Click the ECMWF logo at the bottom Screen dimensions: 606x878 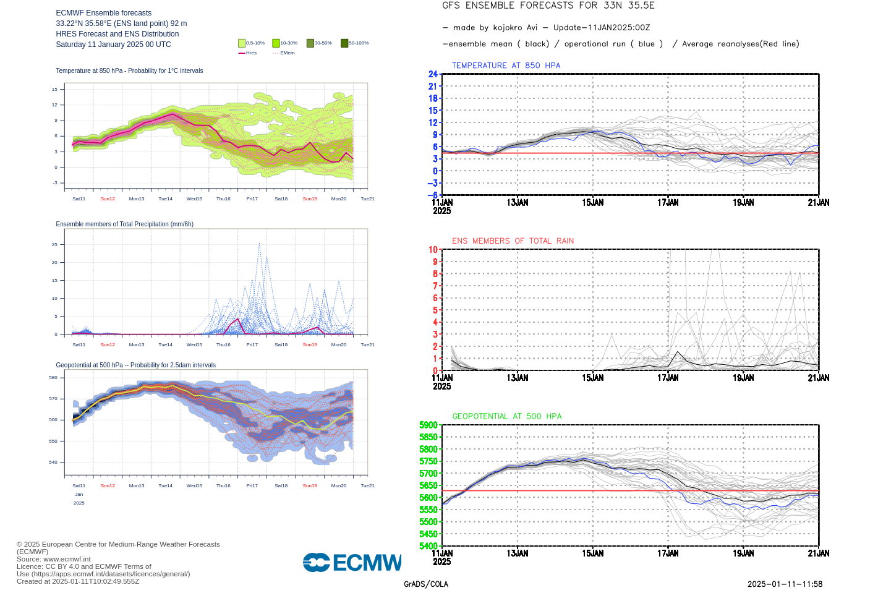(352, 562)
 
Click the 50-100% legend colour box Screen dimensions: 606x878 (344, 43)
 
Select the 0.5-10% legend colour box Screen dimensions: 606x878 (242, 43)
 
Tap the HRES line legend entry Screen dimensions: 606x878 (247, 53)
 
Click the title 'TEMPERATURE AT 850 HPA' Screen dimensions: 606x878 (506, 66)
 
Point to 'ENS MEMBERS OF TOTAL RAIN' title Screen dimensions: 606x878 (513, 241)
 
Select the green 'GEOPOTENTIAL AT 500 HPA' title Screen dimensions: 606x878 (507, 416)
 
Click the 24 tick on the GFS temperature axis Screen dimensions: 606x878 (433, 74)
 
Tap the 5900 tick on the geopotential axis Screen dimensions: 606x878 (428, 425)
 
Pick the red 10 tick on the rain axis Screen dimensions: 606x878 (433, 250)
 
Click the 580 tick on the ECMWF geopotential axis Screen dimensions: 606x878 (53, 377)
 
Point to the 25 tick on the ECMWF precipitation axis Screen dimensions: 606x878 (54, 244)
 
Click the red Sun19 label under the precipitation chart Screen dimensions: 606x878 (310, 345)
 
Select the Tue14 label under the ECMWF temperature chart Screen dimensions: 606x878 (165, 199)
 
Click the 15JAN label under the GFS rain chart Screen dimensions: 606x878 (592, 378)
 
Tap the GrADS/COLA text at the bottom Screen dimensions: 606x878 (426, 584)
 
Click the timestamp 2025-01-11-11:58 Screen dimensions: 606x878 (785, 584)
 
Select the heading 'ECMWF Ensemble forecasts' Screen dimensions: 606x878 (104, 13)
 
